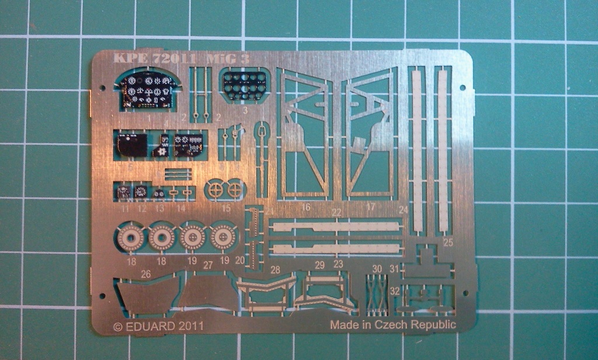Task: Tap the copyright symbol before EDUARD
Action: coord(117,326)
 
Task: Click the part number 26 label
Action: coord(146,272)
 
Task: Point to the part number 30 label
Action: coord(377,268)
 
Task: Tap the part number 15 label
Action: coord(227,208)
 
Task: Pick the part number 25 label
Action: coord(448,241)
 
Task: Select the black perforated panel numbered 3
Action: coord(245,85)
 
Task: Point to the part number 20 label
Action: coord(239,260)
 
